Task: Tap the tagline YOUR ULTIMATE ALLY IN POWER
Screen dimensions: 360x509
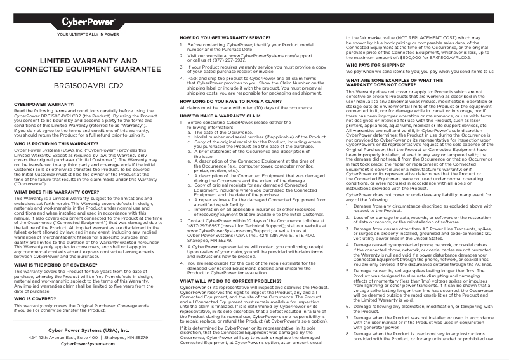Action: point(88,34)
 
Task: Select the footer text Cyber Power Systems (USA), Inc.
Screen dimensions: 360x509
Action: point(88,331)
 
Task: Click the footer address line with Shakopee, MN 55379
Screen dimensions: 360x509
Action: point(88,338)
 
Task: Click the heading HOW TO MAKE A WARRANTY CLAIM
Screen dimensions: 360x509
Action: point(218,117)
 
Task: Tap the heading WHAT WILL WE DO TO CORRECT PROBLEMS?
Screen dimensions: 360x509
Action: point(230,280)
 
